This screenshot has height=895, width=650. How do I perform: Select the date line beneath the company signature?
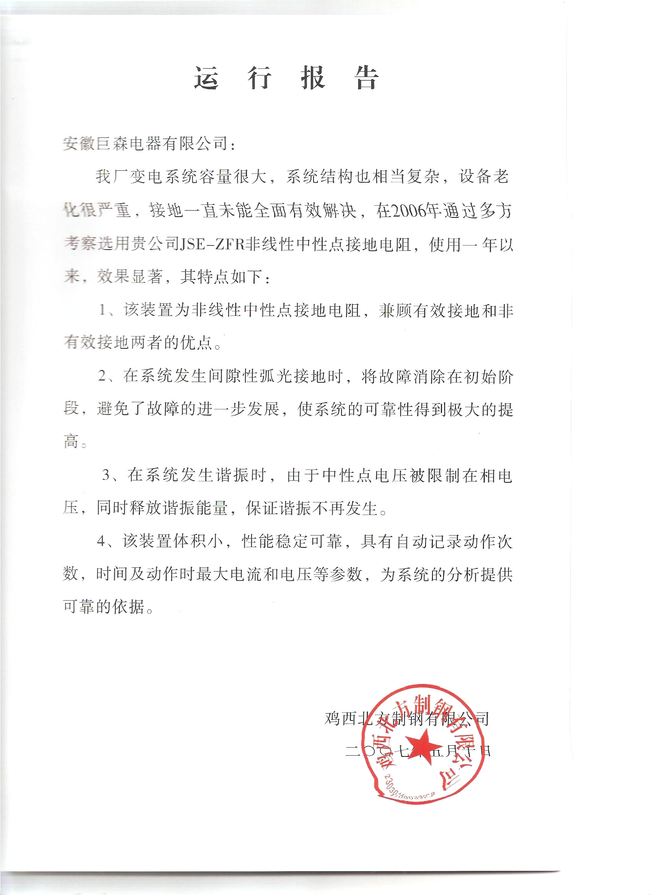tap(418, 751)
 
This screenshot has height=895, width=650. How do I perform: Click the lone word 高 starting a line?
tap(71, 442)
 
